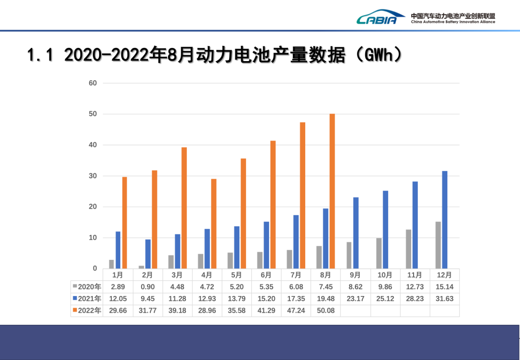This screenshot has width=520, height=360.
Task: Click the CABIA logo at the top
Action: (x=377, y=18)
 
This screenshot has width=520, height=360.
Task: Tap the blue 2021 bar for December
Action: (x=445, y=220)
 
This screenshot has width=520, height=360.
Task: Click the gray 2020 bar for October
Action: (x=379, y=253)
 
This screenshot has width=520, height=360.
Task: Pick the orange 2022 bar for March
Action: (x=184, y=208)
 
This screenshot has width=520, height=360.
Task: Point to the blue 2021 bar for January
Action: (x=118, y=250)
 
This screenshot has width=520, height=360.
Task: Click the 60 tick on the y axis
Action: (x=92, y=83)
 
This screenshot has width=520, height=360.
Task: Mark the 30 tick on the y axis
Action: (x=92, y=176)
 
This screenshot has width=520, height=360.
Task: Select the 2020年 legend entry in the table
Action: (x=87, y=287)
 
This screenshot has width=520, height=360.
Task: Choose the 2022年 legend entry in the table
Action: (x=87, y=311)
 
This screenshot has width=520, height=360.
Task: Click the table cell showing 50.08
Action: (x=325, y=311)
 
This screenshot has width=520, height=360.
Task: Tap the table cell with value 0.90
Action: (x=147, y=287)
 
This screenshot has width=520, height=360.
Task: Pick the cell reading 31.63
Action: (x=444, y=299)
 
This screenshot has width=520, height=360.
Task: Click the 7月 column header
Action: (x=296, y=275)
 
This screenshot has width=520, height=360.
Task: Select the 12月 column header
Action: (x=444, y=275)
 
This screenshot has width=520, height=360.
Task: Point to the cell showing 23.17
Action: (x=355, y=299)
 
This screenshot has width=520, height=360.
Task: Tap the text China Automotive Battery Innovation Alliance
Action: (x=453, y=22)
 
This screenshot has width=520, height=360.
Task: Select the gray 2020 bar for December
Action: (x=438, y=245)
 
